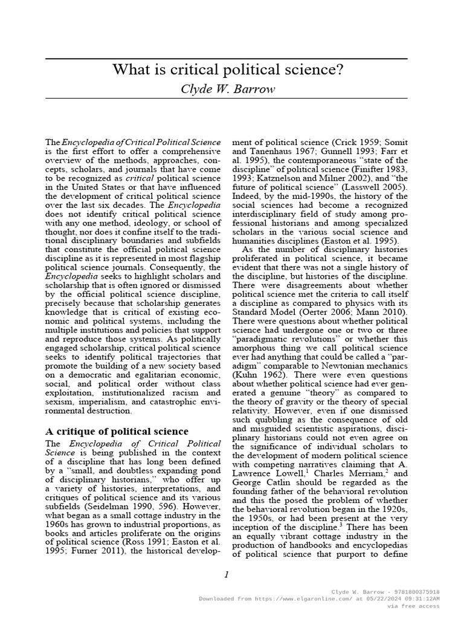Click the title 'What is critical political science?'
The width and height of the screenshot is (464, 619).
227,70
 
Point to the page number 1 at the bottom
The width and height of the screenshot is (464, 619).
226,575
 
